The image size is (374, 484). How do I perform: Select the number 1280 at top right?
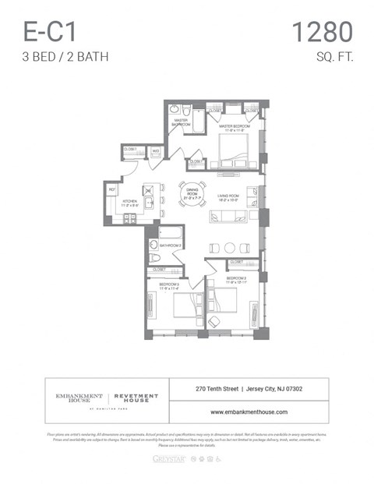click(x=322, y=32)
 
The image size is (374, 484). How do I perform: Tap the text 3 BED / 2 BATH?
click(x=65, y=57)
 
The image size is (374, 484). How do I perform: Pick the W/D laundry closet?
click(x=155, y=151)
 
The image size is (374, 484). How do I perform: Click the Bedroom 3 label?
click(x=237, y=279)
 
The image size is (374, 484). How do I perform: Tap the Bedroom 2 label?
click(x=169, y=286)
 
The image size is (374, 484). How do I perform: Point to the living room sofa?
click(x=228, y=217)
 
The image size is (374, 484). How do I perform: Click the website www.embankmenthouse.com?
click(x=249, y=412)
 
